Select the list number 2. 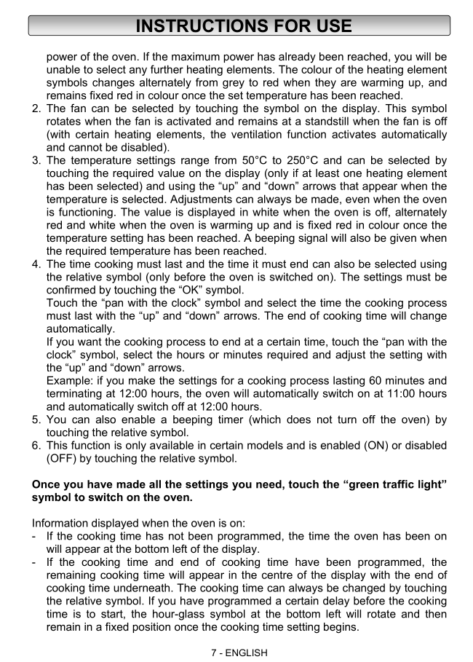[x=36, y=109]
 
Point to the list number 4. [x=36, y=264]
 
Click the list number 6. [x=36, y=445]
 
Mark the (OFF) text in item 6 [x=64, y=458]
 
